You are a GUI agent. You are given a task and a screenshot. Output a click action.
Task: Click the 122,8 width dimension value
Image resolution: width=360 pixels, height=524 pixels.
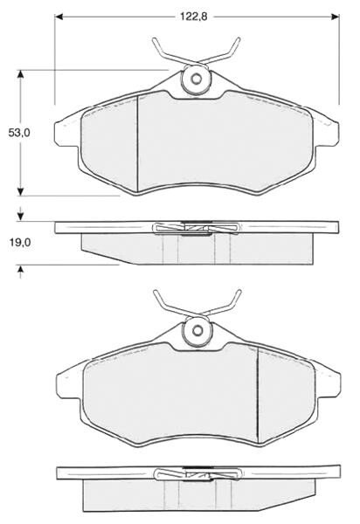194,16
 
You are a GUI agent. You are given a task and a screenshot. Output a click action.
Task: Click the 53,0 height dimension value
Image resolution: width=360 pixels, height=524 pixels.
19,133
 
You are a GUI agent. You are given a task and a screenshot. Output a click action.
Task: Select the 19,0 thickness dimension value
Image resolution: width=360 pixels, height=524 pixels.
20,243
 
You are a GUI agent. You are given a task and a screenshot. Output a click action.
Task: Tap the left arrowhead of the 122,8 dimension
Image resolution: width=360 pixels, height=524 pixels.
59,17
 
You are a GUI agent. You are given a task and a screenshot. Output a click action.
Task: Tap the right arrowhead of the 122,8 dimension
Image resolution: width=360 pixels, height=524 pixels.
335,17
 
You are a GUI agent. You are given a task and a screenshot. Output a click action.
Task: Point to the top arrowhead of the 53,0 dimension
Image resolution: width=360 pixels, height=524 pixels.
21,74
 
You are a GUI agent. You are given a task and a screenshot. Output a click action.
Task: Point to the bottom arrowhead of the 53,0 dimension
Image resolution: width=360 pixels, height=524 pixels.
21,191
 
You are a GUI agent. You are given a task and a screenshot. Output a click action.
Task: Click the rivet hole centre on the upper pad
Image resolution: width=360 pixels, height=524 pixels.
197,79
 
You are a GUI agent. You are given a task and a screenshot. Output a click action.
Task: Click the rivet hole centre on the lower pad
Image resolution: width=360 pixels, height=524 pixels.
197,330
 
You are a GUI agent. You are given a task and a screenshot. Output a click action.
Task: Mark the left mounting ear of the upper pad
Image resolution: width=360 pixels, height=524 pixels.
63,133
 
